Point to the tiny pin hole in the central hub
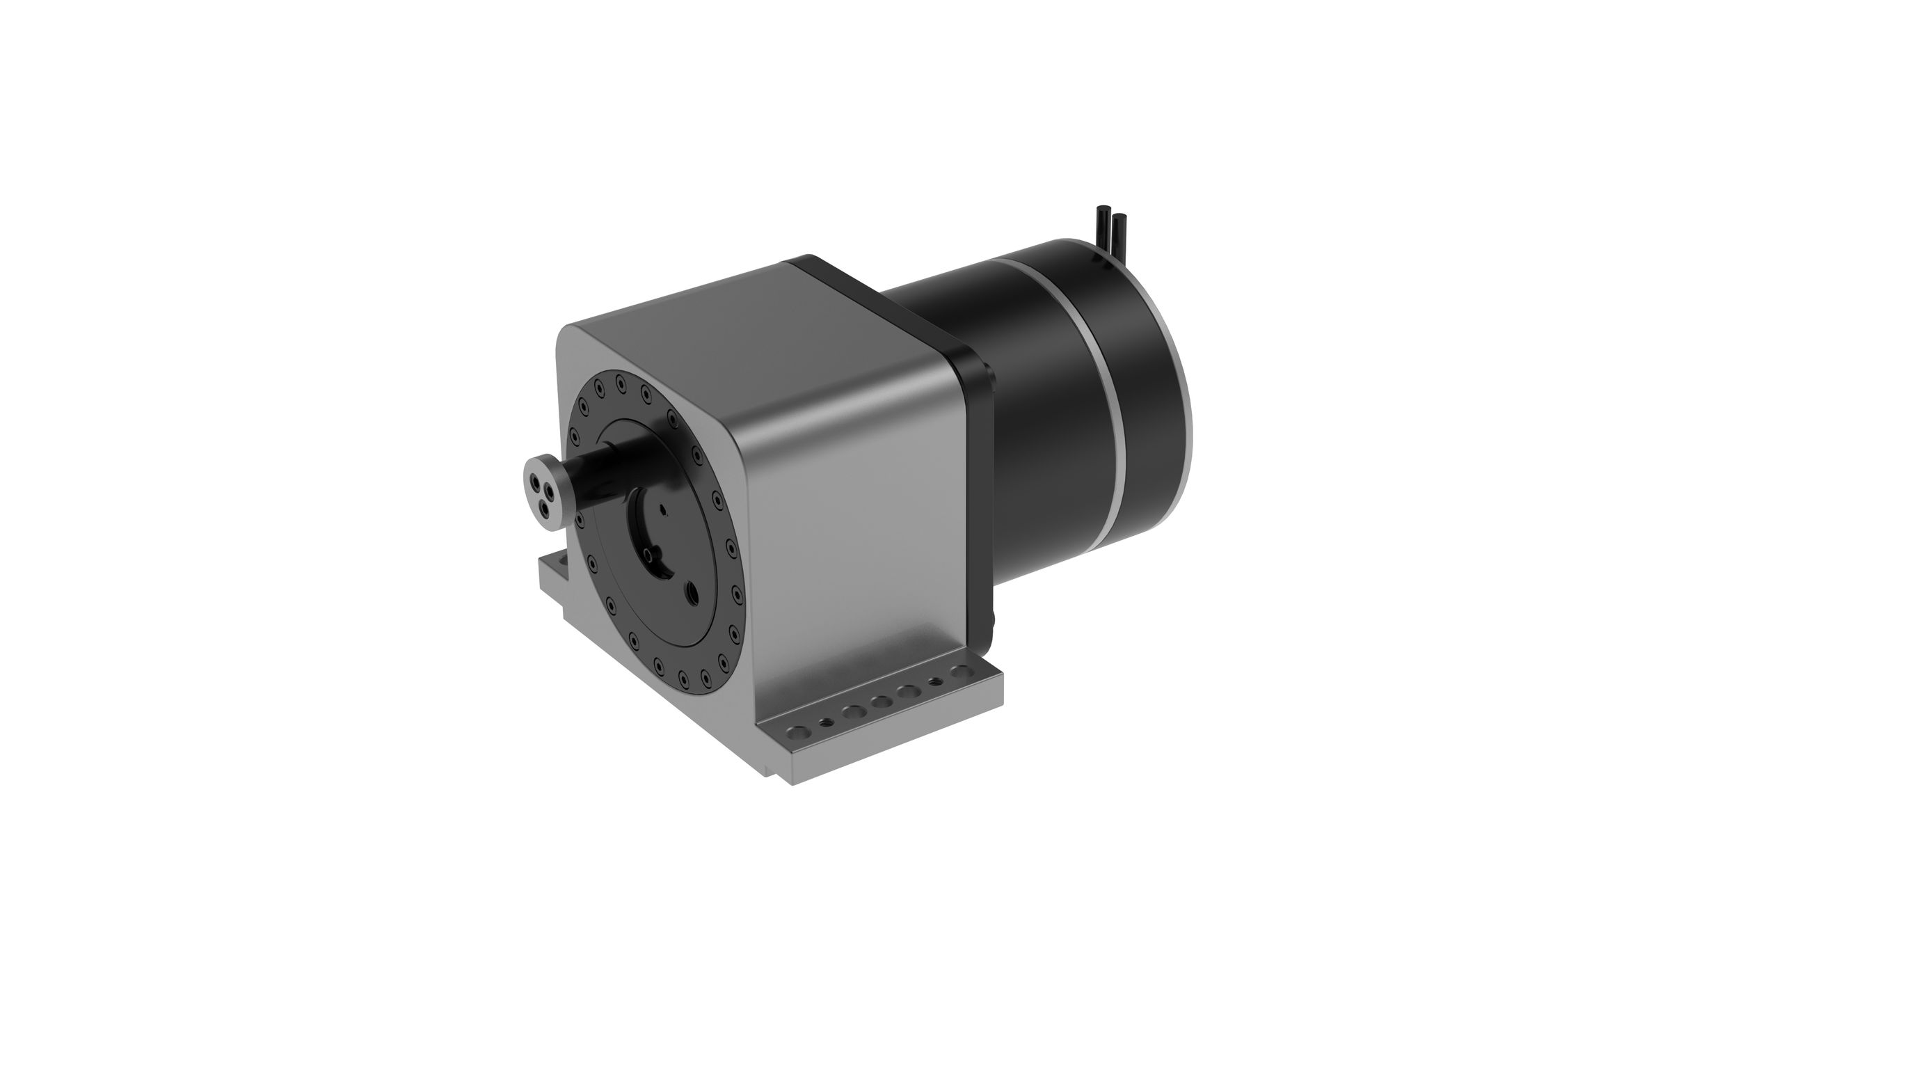(x=664, y=509)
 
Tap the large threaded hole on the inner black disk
(x=692, y=592)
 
